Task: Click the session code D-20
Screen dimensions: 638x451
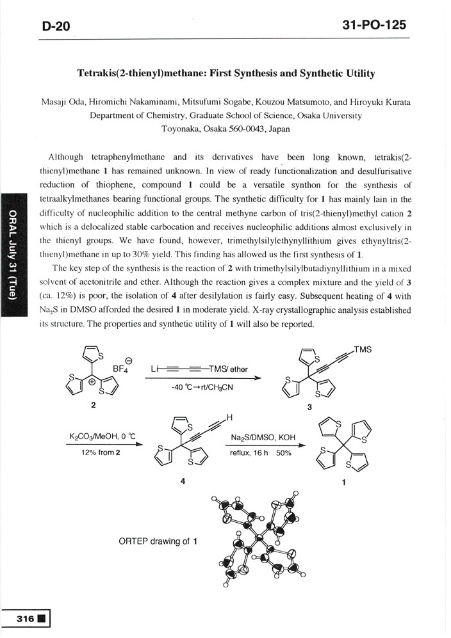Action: point(56,25)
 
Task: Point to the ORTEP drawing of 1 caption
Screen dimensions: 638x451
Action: point(157,541)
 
